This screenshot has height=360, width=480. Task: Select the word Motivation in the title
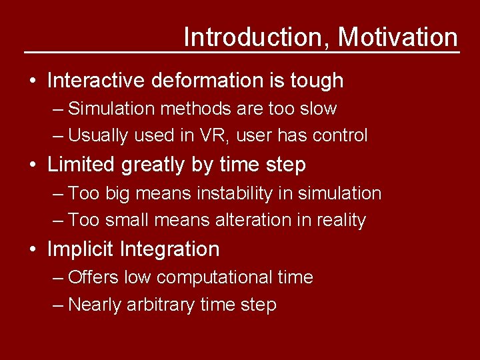[x=398, y=37]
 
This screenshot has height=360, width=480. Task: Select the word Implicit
[x=81, y=249]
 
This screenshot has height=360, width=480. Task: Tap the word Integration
[x=170, y=249]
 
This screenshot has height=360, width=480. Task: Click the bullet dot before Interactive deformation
[x=33, y=81]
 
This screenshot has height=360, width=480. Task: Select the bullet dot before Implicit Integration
[x=33, y=250]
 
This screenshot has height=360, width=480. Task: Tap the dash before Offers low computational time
[x=58, y=277]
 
